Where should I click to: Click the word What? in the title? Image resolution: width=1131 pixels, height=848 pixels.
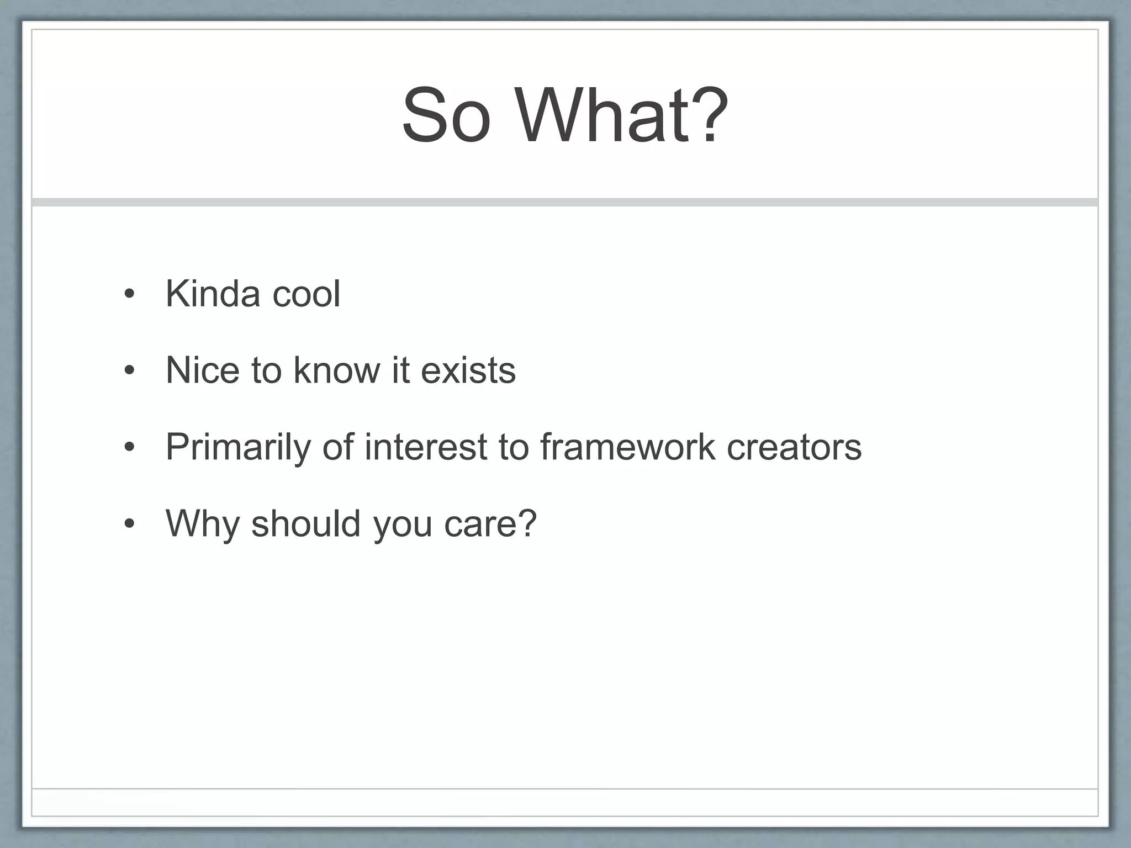(x=622, y=116)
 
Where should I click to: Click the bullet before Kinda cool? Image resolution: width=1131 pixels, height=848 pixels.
(x=129, y=295)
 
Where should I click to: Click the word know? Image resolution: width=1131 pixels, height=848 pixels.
(x=337, y=370)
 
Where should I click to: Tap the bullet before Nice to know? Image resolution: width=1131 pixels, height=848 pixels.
(x=129, y=371)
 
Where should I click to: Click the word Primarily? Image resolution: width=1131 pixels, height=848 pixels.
(x=238, y=447)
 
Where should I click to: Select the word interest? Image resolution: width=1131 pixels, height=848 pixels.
(x=425, y=447)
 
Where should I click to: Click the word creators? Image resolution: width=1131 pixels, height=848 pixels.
(x=794, y=447)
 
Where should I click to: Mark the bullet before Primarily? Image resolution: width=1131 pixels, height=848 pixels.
(x=129, y=448)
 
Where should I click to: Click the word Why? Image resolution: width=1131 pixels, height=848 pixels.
(x=202, y=523)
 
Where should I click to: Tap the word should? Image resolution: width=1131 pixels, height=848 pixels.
(x=306, y=523)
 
